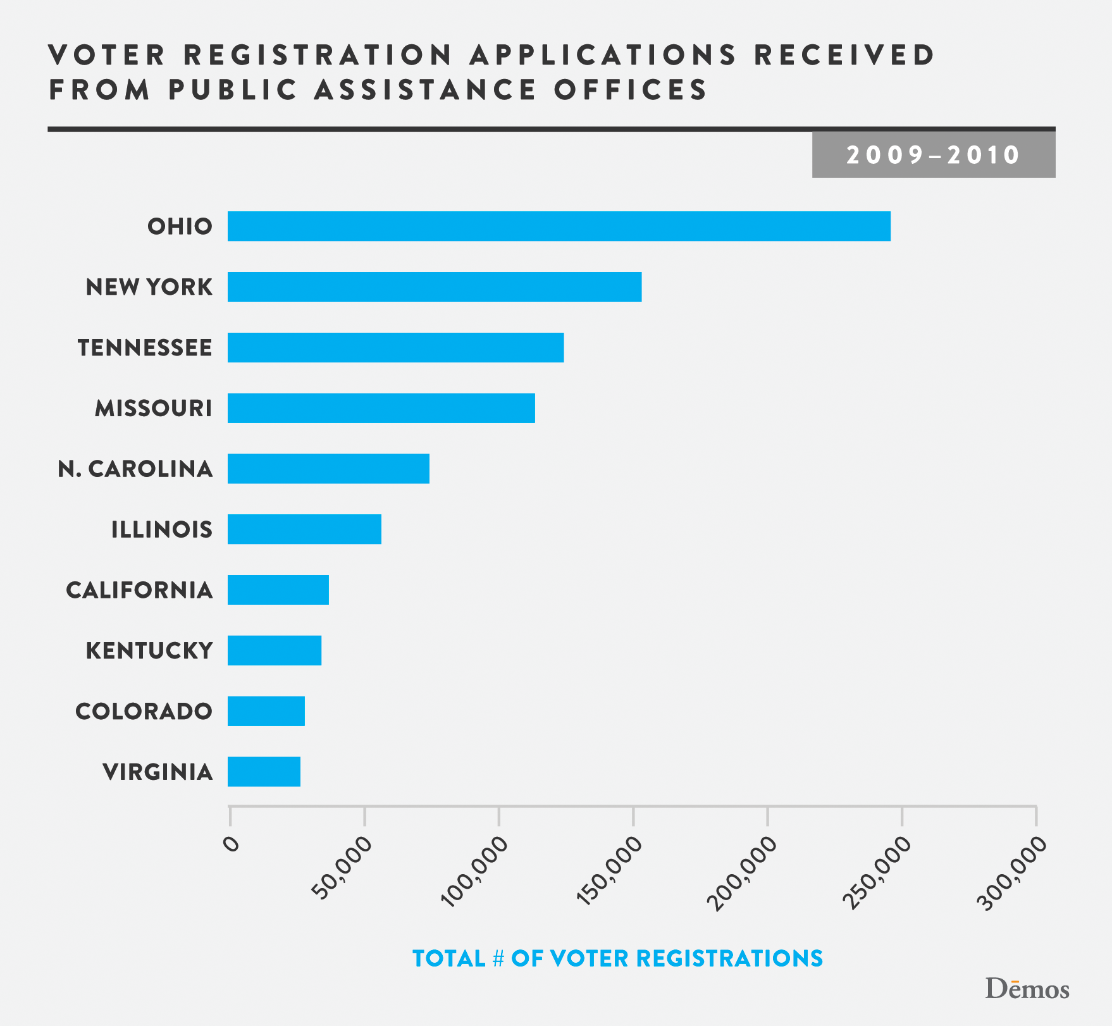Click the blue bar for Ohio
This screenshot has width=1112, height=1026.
pos(559,226)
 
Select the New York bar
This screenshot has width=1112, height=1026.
pos(435,287)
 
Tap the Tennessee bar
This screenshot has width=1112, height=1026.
pos(395,347)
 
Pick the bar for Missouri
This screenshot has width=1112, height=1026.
pos(381,408)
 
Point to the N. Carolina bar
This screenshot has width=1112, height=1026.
pos(328,469)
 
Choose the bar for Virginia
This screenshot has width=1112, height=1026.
pos(264,772)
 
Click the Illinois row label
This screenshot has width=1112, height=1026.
pos(162,529)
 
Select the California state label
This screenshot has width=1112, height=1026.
pos(139,590)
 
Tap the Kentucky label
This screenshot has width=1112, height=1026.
pos(149,650)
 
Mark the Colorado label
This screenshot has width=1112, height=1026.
pos(144,711)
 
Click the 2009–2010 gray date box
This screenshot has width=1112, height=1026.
pos(933,155)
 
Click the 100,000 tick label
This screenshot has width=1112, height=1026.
pos(476,870)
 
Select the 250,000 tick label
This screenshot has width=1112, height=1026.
pos(879,870)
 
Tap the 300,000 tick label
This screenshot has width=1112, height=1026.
pos(1013,870)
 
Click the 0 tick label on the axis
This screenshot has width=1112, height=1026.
pos(232,844)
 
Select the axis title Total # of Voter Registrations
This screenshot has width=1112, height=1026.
pos(617,958)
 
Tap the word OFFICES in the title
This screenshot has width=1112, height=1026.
pos(631,89)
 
